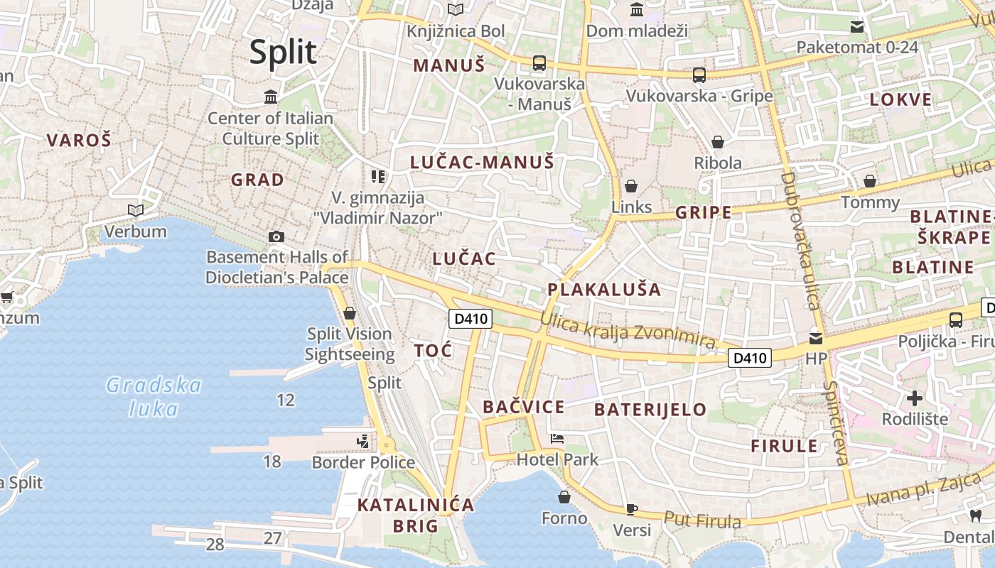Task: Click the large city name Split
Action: click(x=283, y=53)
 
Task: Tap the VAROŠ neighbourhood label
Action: click(x=79, y=140)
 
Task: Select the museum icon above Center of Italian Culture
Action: click(x=271, y=97)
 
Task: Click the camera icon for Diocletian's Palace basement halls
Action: click(x=276, y=236)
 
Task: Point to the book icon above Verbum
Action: click(x=135, y=210)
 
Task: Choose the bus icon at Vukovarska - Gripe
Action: click(x=699, y=75)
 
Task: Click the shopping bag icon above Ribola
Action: click(x=718, y=142)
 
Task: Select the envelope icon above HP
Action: click(x=816, y=338)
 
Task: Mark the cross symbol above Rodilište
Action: click(x=914, y=398)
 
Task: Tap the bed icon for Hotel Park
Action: click(x=557, y=439)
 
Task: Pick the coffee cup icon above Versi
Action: click(x=631, y=508)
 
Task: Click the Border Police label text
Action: click(x=363, y=463)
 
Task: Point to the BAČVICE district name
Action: click(x=524, y=407)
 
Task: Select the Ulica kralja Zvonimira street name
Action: click(x=627, y=329)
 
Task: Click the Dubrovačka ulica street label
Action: click(x=801, y=241)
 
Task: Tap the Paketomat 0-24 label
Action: click(x=857, y=48)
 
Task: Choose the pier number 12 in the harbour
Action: click(x=285, y=400)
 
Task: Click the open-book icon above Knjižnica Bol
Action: click(x=456, y=10)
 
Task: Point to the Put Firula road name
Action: click(x=702, y=520)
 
